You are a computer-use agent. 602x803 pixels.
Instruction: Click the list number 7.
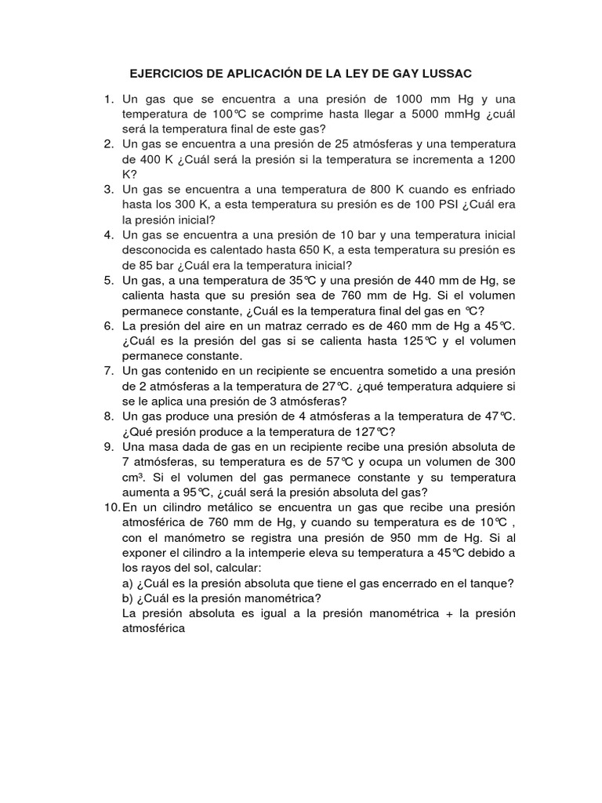pos(109,371)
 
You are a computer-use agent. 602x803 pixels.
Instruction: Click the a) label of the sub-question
pos(129,583)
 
